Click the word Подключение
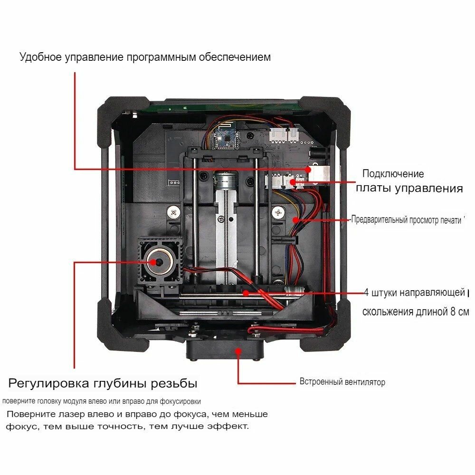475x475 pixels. (393, 174)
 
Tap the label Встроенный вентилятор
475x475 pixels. (342, 382)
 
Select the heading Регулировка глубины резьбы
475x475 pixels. (103, 383)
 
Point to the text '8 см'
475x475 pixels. (458, 312)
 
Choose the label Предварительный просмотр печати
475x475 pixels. (407, 220)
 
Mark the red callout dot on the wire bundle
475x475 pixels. (295, 220)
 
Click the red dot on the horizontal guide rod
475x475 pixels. (246, 293)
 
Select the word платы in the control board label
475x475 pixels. (371, 189)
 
